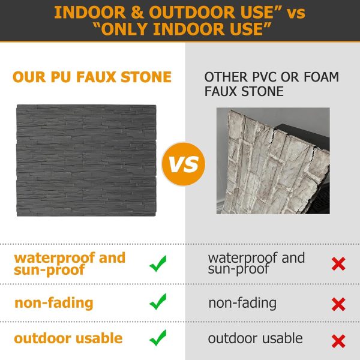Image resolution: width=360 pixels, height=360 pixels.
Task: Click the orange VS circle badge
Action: (184, 163)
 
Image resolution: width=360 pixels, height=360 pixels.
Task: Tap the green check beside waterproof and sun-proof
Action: (158, 263)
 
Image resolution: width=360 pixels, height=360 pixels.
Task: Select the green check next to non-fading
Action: (158, 302)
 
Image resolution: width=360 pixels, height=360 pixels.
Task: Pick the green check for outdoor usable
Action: (158, 338)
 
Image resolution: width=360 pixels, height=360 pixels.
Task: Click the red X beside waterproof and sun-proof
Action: (338, 263)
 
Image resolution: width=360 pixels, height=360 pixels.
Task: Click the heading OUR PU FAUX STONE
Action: (92, 77)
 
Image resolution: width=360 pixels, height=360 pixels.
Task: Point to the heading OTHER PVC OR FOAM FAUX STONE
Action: (271, 85)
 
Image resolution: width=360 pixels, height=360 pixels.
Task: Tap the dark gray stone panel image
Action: (86, 161)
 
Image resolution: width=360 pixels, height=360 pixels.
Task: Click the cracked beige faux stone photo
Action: (272, 161)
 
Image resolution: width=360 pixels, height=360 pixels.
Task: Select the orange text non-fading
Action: (54, 302)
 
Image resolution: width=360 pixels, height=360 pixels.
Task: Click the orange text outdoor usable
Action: (68, 338)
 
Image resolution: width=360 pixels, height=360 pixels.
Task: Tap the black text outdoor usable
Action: (255, 338)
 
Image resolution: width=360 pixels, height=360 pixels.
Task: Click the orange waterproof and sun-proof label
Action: (70, 263)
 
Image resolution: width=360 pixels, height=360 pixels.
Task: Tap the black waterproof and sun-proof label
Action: (256, 263)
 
